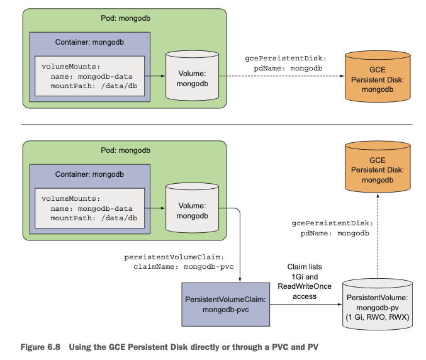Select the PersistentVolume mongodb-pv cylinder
(x=377, y=305)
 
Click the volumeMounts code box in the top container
(x=89, y=76)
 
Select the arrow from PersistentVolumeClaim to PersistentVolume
(x=305, y=305)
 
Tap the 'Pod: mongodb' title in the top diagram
(x=125, y=18)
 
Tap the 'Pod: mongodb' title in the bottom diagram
(x=125, y=152)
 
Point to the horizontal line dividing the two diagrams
(x=214, y=124)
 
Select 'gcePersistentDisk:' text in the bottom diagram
(x=332, y=223)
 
